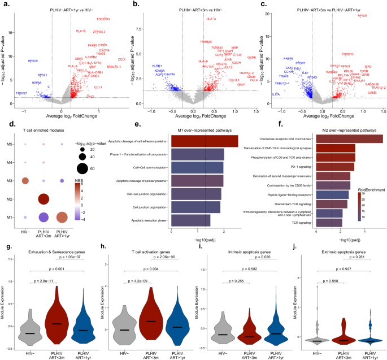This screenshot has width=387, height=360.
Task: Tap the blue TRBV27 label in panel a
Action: click(21, 93)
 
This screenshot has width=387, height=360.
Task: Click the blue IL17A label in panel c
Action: click(276, 94)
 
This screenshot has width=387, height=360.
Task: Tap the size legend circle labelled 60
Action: click(82, 167)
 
